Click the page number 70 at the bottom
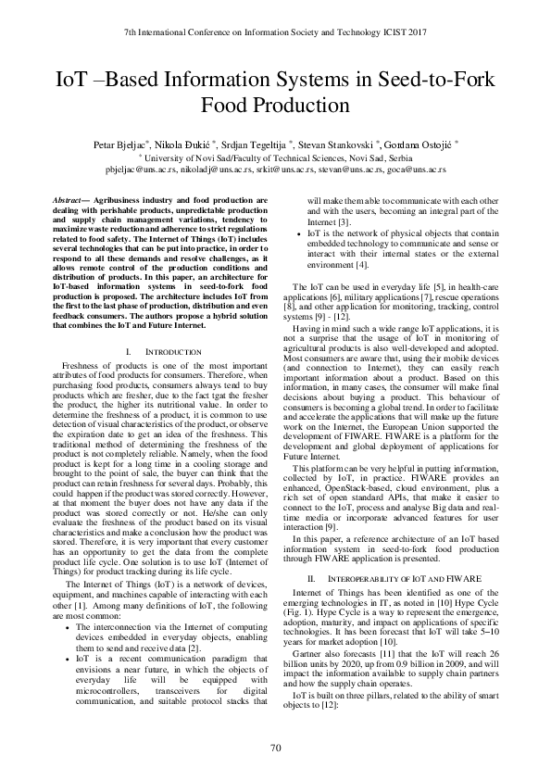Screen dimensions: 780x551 click(x=275, y=749)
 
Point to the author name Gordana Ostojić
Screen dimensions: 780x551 click(x=420, y=145)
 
